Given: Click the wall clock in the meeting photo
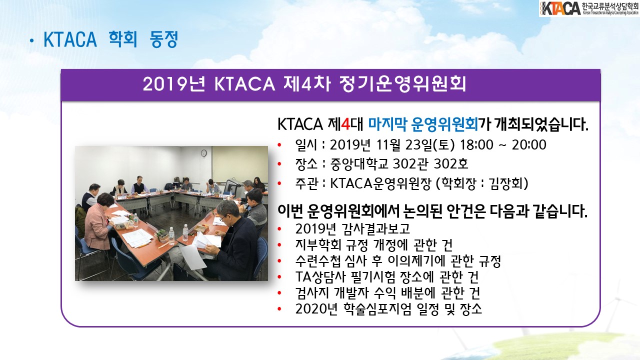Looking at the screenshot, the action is click(203, 153).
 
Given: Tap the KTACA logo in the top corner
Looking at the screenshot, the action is click(589, 8).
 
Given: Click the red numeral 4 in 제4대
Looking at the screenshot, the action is click(345, 124).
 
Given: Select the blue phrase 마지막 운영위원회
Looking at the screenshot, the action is click(423, 124).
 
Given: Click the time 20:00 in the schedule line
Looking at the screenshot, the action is click(529, 145).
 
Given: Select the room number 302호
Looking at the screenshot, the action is click(450, 164).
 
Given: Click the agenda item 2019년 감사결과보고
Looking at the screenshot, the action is click(352, 228).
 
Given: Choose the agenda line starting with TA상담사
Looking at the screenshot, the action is click(387, 276).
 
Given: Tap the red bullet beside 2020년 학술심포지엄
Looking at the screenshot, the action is click(279, 309).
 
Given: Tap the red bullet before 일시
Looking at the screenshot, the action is click(279, 145).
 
